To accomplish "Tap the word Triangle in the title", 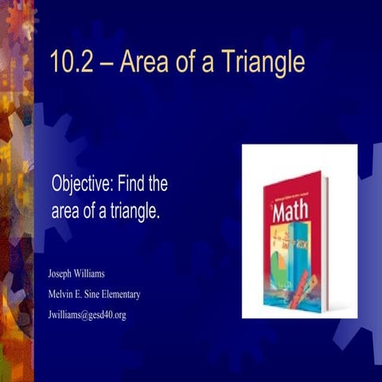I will click(x=266, y=62).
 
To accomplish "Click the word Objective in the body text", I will click(x=82, y=185).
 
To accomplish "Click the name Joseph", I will click(x=63, y=275).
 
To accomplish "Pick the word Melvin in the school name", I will click(x=64, y=294).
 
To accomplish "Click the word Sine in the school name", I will click(x=103, y=294).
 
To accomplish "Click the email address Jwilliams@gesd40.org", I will click(x=88, y=314).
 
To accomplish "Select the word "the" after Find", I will click(x=158, y=185).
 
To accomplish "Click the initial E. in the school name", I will click(x=87, y=294).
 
